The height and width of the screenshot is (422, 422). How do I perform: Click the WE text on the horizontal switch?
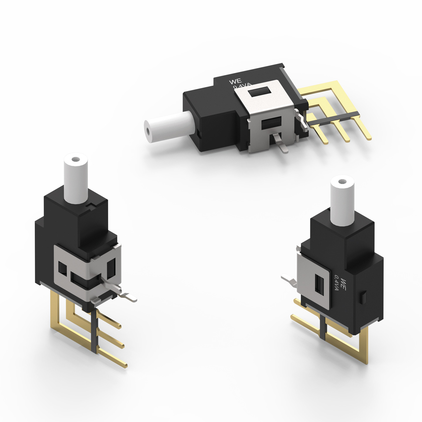click(235, 81)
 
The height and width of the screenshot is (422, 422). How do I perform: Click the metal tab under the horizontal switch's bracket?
click(281, 144)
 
